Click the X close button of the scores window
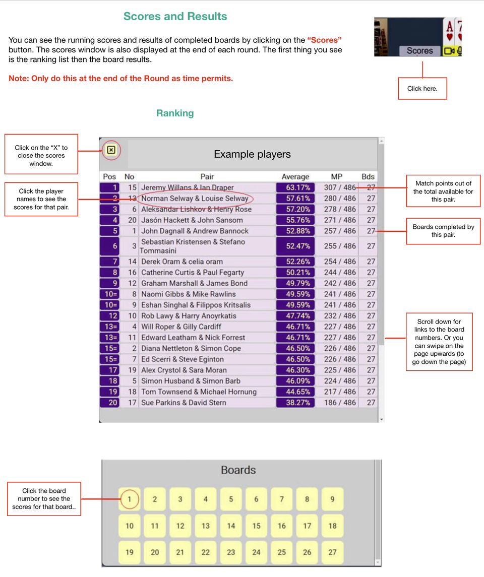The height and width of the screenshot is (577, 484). [x=111, y=150]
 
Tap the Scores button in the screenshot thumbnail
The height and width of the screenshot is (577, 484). [x=419, y=51]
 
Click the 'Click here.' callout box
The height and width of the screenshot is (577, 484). [x=422, y=88]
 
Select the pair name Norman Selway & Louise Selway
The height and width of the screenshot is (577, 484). [x=195, y=199]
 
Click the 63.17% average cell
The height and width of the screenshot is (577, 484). [x=295, y=187]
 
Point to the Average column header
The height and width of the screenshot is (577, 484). [x=295, y=177]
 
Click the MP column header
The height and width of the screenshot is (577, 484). [x=336, y=177]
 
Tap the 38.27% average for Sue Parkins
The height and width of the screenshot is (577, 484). [x=295, y=403]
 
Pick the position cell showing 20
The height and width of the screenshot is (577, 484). [x=110, y=403]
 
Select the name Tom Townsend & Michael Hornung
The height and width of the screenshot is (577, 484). [x=199, y=392]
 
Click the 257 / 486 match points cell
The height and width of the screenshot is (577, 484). [x=340, y=231]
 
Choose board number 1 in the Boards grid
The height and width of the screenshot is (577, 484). [x=129, y=499]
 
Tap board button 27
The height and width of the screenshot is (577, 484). [x=332, y=552]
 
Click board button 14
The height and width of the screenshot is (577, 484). [x=231, y=526]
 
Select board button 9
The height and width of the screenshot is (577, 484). [x=332, y=499]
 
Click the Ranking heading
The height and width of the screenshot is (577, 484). [x=175, y=113]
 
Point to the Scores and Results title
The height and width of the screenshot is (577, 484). [x=175, y=16]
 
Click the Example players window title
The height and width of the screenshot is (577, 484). [x=252, y=154]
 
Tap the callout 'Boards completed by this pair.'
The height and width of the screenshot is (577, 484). [x=443, y=231]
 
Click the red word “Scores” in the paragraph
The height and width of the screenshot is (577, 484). [x=324, y=40]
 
